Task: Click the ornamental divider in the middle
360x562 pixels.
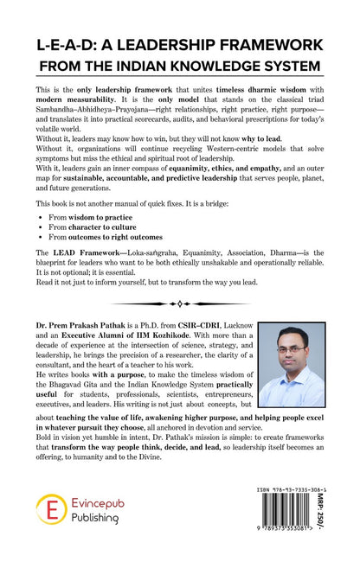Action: click(x=179, y=303)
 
